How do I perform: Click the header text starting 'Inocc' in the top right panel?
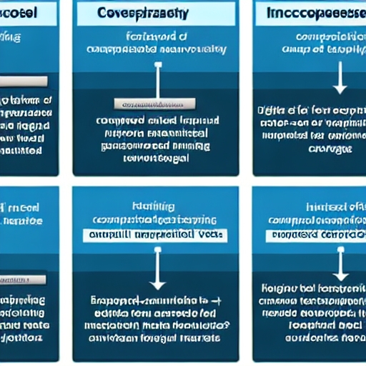coord(315,13)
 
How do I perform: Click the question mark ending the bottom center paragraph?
coord(227,323)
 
